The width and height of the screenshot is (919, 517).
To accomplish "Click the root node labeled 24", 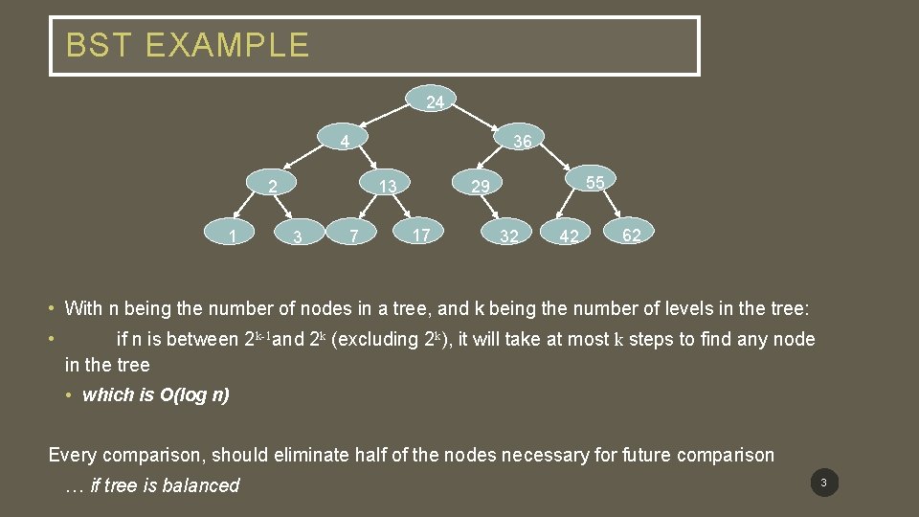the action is click(435, 101).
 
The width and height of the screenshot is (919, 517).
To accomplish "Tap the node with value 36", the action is click(521, 142).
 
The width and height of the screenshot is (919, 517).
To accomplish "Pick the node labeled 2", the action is click(273, 185).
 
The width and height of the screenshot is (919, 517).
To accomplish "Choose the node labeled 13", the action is click(387, 185).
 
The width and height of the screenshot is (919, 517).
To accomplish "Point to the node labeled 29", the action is click(480, 185).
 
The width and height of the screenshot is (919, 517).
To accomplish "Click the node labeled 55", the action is click(594, 182).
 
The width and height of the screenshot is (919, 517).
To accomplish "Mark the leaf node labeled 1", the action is click(233, 233).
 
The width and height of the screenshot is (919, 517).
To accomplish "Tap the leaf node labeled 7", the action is click(354, 236).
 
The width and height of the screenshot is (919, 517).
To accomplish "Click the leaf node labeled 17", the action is click(420, 233).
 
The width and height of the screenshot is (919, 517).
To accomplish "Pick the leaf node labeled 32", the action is click(509, 236).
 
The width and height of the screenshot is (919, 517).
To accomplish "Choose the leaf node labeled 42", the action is click(569, 236).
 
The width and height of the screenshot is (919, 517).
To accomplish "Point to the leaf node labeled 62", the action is click(632, 235).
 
